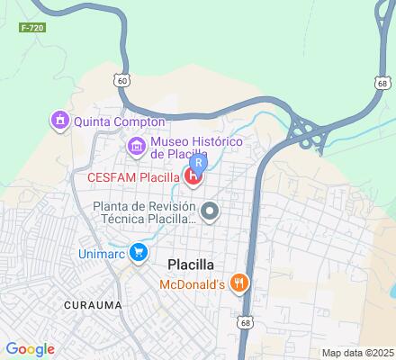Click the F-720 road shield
pyautogui.click(x=31, y=28)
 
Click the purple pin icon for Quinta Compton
pyautogui.click(x=59, y=119)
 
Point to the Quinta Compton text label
pyautogui.click(x=120, y=121)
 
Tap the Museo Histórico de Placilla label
pyautogui.click(x=196, y=148)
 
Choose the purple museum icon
pyautogui.click(x=136, y=144)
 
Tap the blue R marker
pyautogui.click(x=200, y=162)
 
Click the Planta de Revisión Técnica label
pyautogui.click(x=143, y=211)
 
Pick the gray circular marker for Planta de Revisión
pyautogui.click(x=210, y=212)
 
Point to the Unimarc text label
pyautogui.click(x=99, y=253)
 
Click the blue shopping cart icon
pyautogui.click(x=138, y=253)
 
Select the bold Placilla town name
pyautogui.click(x=197, y=265)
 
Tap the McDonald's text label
pyautogui.click(x=192, y=284)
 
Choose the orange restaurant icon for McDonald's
pyautogui.click(x=238, y=283)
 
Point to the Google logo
pyautogui.click(x=30, y=349)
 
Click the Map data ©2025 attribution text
pyautogui.click(x=357, y=353)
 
